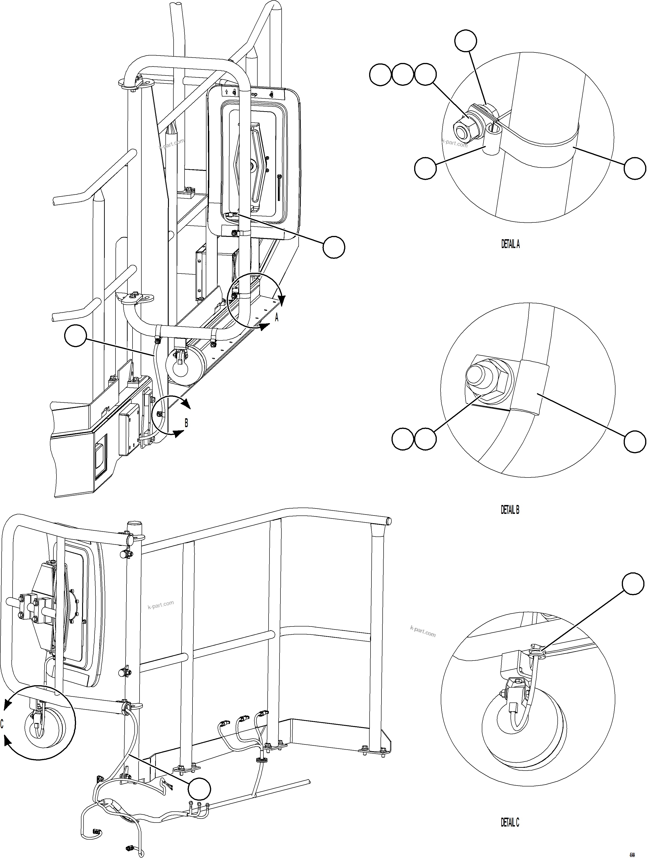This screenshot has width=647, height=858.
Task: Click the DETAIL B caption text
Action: [x=510, y=510]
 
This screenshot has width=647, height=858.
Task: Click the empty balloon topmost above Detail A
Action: [x=465, y=41]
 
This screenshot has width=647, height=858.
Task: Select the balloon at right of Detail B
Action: [x=635, y=441]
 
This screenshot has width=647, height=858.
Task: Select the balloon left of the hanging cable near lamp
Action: [x=75, y=336]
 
